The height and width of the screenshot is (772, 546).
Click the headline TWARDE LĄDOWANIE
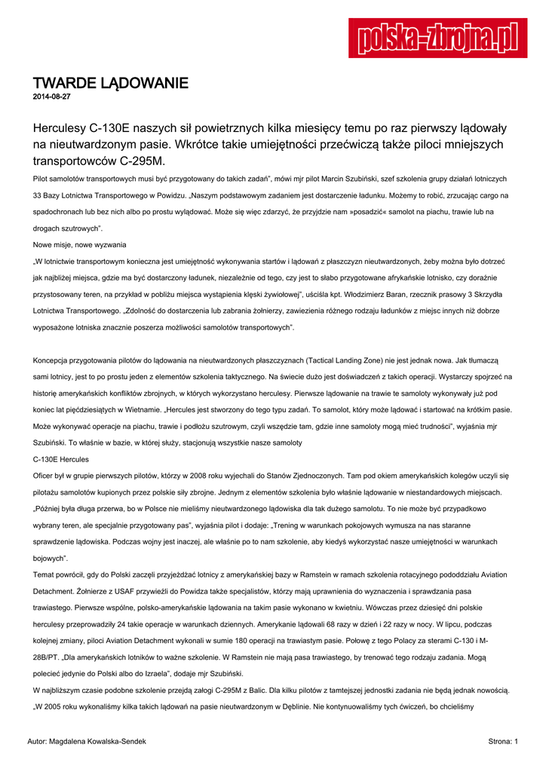click(110, 83)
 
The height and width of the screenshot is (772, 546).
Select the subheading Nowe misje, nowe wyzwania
click(80, 244)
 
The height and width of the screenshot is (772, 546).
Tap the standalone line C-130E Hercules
click(61, 459)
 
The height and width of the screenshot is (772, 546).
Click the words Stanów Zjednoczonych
click(336, 476)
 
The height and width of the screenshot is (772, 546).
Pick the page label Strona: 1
click(503, 742)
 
